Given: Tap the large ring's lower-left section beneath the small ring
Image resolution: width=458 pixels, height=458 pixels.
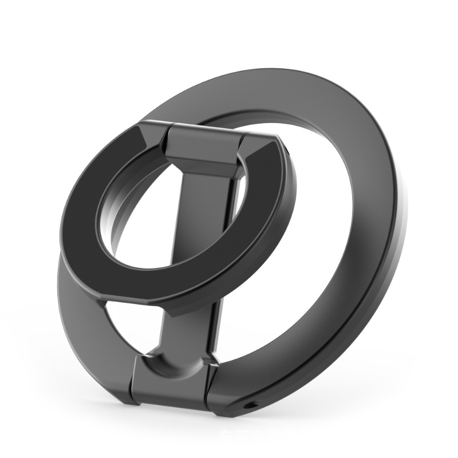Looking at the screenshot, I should (80, 321).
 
